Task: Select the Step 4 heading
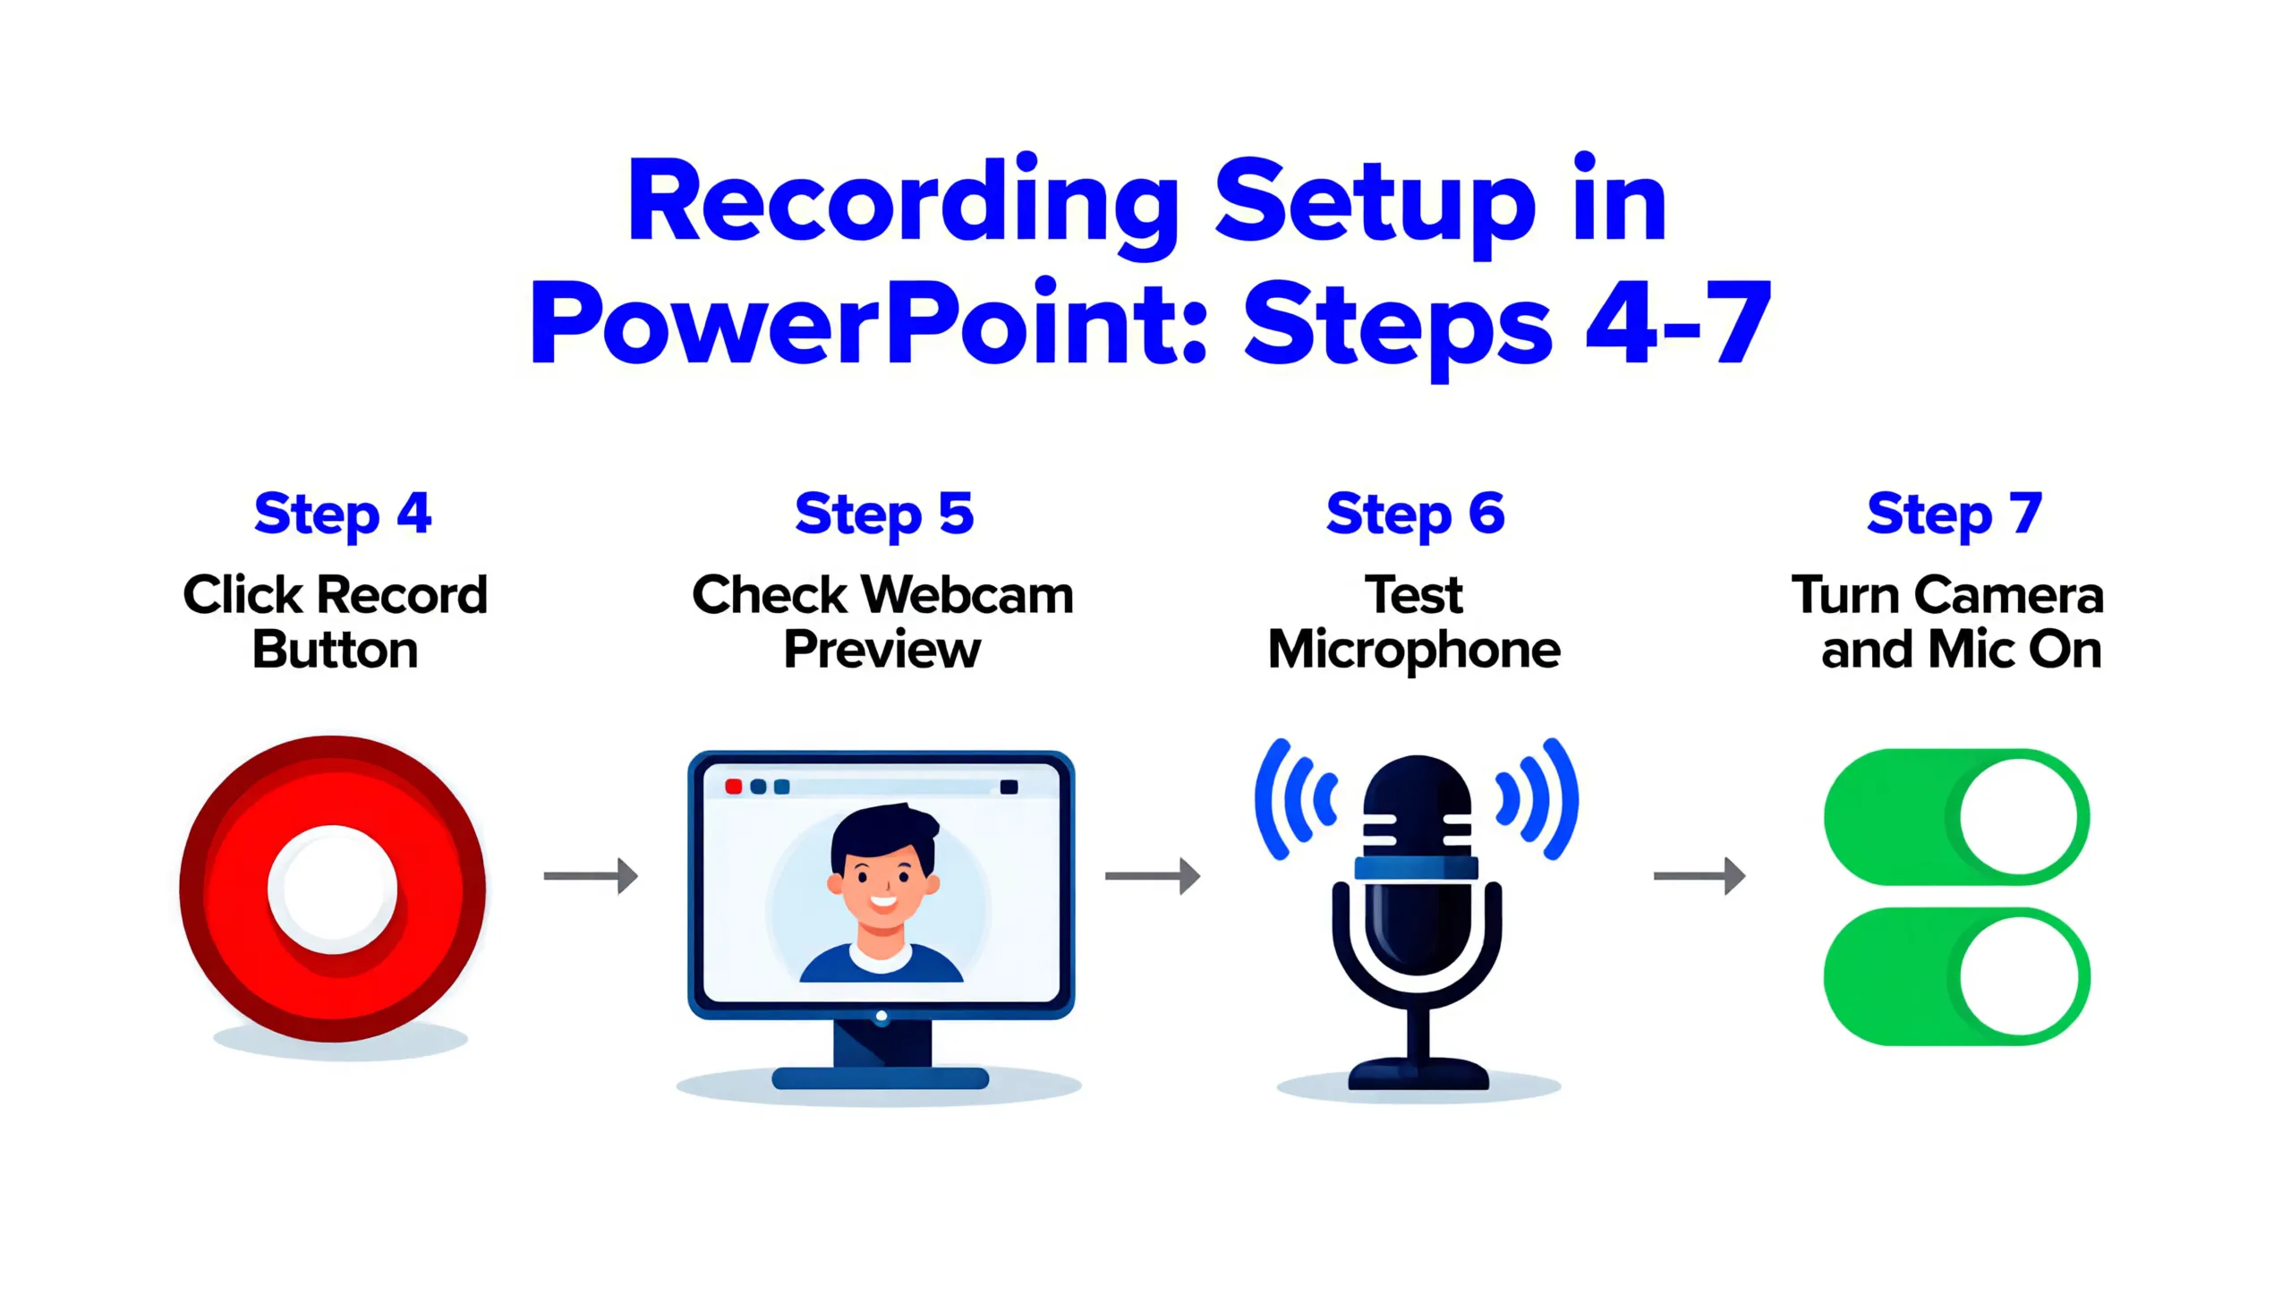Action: pyautogui.click(x=343, y=514)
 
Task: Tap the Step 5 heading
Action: pyautogui.click(x=883, y=514)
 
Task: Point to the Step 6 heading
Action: pyautogui.click(x=1415, y=514)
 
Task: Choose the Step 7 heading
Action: pyautogui.click(x=1955, y=514)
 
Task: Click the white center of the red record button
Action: pyautogui.click(x=333, y=889)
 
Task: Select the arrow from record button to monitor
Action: pyautogui.click(x=591, y=875)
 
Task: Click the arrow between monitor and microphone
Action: pyautogui.click(x=1153, y=875)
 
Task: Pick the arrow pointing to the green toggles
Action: pyautogui.click(x=1699, y=875)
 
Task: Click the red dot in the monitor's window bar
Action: pyautogui.click(x=733, y=787)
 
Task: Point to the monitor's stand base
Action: pyautogui.click(x=881, y=1077)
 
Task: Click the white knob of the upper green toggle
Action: pyautogui.click(x=2018, y=817)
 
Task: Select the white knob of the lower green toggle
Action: pyautogui.click(x=2018, y=976)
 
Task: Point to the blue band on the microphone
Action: pyautogui.click(x=1416, y=867)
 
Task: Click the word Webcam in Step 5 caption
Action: pyautogui.click(x=970, y=595)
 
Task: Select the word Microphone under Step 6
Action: pyautogui.click(x=1414, y=651)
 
